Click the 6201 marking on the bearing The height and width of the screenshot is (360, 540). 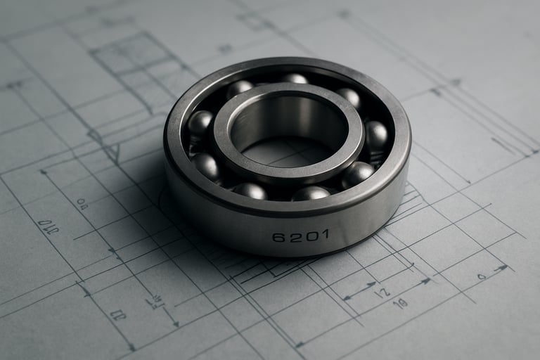[300, 236]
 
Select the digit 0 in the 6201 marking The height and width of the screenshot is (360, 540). [308, 236]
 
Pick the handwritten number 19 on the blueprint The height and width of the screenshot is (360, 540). [401, 304]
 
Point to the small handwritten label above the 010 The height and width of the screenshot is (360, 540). [82, 204]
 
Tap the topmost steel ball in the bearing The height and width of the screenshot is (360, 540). [295, 78]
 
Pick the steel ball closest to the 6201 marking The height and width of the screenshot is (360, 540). [310, 193]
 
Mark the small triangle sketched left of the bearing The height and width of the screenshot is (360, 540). [112, 152]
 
